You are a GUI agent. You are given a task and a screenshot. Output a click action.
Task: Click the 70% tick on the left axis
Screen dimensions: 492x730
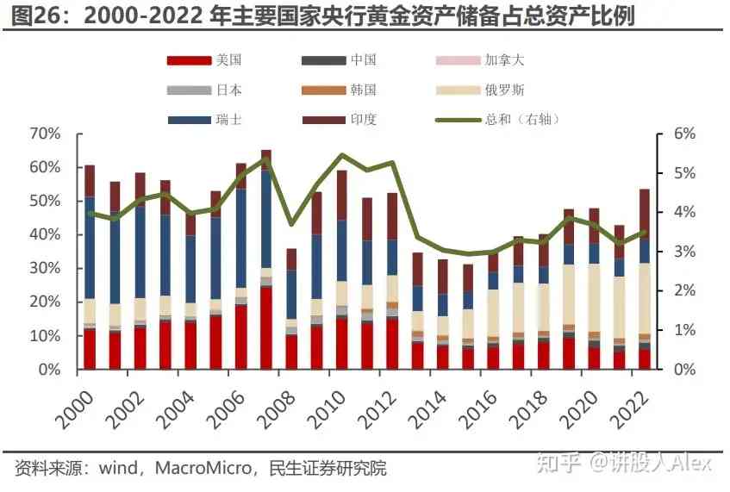click(x=45, y=134)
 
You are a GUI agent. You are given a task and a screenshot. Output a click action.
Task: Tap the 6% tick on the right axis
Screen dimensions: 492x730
click(x=672, y=134)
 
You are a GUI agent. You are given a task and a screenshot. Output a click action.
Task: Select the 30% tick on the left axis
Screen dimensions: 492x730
click(x=45, y=269)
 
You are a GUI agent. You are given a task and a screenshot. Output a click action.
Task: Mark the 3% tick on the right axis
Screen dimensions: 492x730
click(x=672, y=252)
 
